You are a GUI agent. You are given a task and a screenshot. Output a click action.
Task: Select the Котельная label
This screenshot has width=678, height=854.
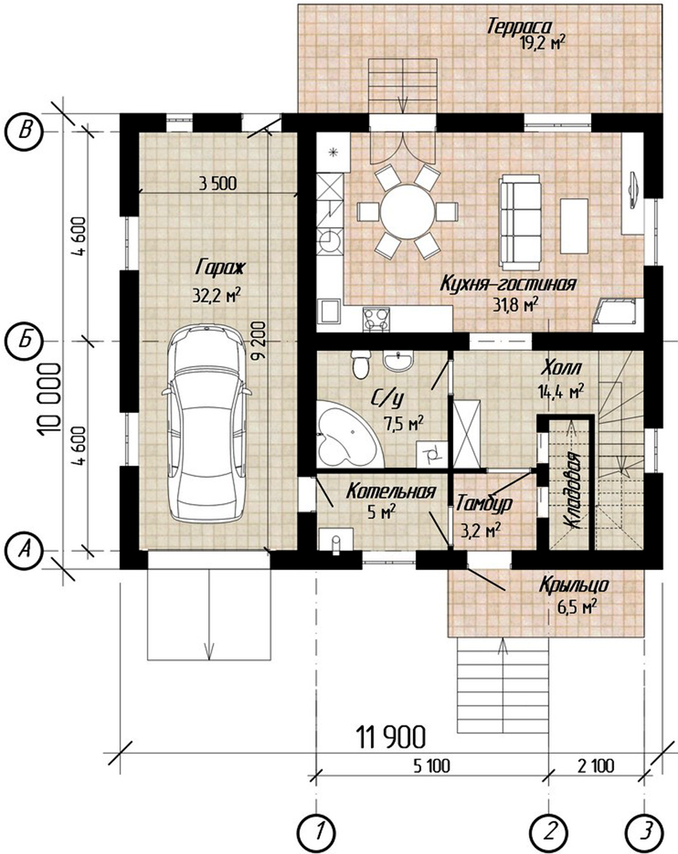391,492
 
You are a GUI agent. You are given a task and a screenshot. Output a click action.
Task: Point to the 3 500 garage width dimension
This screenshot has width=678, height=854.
218,183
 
